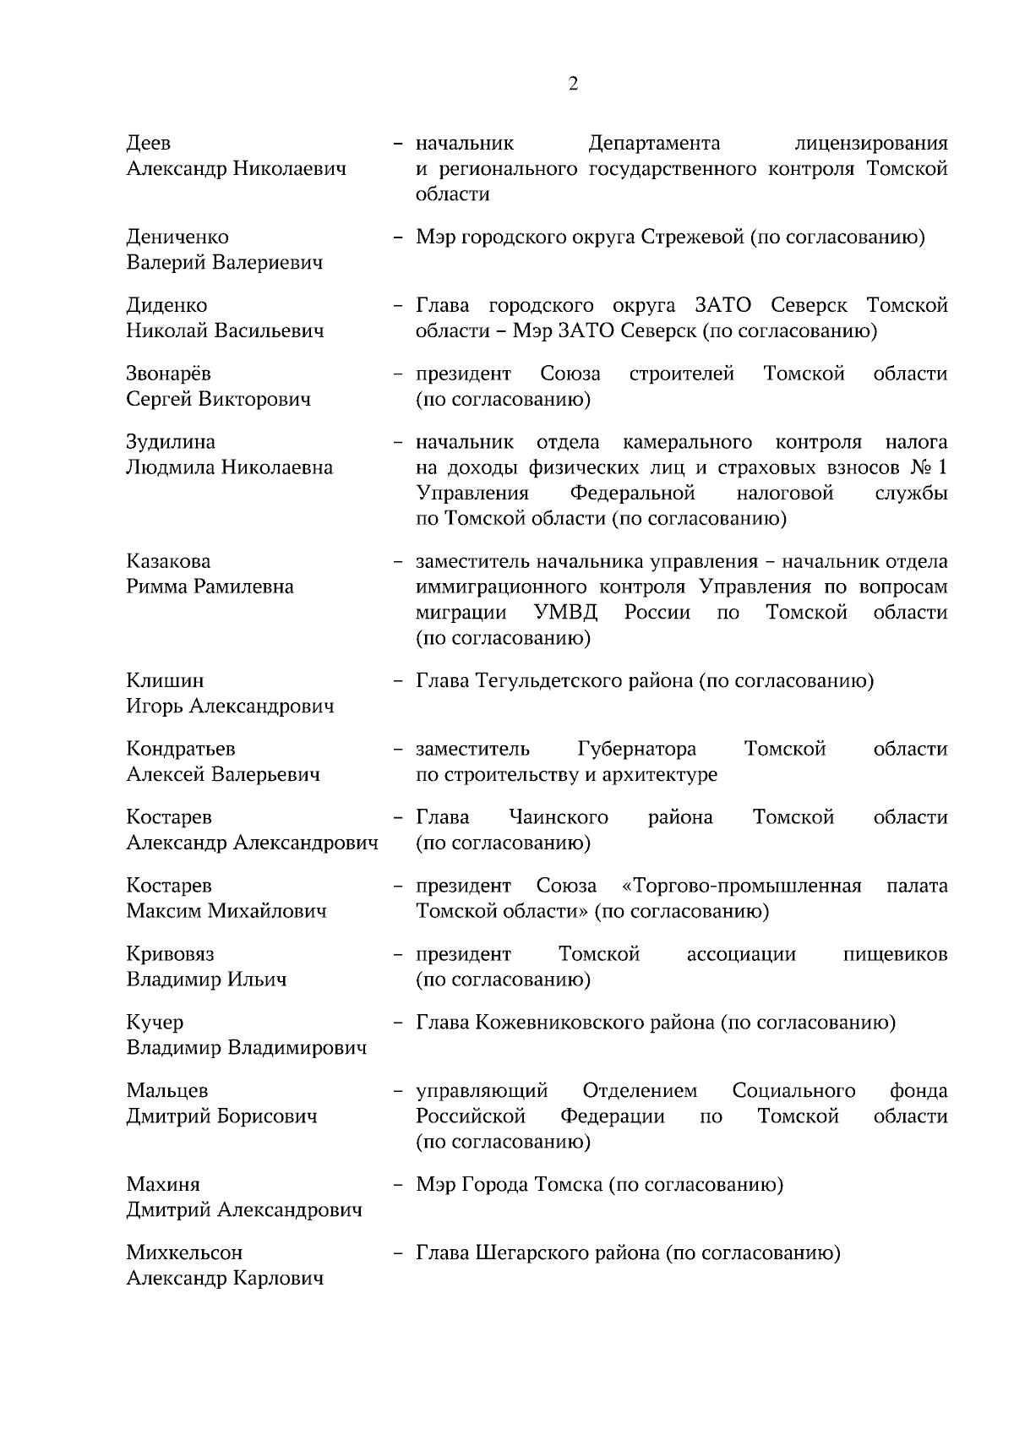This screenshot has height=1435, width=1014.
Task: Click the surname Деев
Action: pyautogui.click(x=149, y=143)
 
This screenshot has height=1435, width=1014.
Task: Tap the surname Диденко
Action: pyautogui.click(x=166, y=305)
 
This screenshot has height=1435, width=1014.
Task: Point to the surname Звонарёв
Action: pyautogui.click(x=168, y=374)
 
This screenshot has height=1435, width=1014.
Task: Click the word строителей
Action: pyautogui.click(x=681, y=374)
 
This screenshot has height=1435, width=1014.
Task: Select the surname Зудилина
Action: pyautogui.click(x=171, y=442)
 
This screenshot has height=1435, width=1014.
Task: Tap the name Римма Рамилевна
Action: pyautogui.click(x=210, y=587)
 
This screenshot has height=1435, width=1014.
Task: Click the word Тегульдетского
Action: pyautogui.click(x=548, y=681)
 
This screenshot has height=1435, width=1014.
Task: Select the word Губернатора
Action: pyautogui.click(x=637, y=749)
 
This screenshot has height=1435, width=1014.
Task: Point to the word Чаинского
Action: pyautogui.click(x=559, y=817)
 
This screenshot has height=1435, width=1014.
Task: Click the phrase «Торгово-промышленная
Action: pyautogui.click(x=741, y=886)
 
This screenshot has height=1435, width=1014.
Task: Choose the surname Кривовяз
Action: pyautogui.click(x=170, y=954)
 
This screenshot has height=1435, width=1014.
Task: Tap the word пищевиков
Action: pyautogui.click(x=895, y=954)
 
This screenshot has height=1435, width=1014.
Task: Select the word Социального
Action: pyautogui.click(x=793, y=1091)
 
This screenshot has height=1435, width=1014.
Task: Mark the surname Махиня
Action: pyautogui.click(x=163, y=1184)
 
